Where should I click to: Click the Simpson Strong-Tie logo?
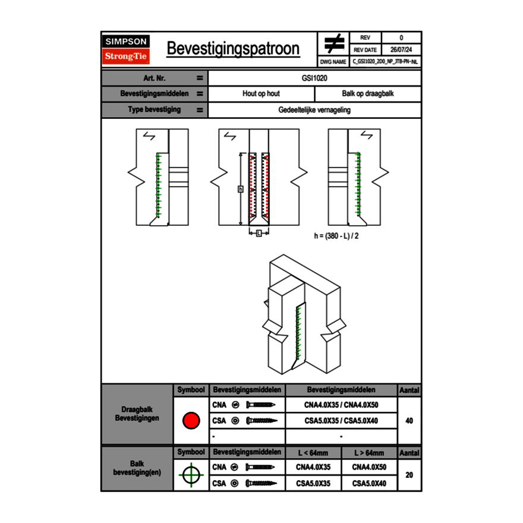coord(127,49)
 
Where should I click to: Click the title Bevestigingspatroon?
coord(233,49)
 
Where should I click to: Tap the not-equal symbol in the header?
coord(333,44)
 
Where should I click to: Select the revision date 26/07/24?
coord(401,50)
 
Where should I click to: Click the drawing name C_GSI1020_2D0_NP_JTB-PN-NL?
coord(385,61)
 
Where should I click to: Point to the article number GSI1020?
coord(315,78)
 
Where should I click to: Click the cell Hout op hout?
coord(261,94)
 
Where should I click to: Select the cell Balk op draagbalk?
coord(368,94)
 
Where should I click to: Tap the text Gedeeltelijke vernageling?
coord(315,110)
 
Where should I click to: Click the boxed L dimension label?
coord(259,234)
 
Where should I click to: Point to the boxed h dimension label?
coord(240,189)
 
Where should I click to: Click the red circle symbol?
coord(190,421)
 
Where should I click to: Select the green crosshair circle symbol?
coord(190,475)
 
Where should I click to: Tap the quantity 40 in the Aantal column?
coord(409,421)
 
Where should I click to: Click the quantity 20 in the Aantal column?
coord(409,475)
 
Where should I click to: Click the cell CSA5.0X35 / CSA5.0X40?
coord(341,421)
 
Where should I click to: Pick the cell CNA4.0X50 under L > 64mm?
coord(369,467)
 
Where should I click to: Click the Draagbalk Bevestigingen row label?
coord(137,414)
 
